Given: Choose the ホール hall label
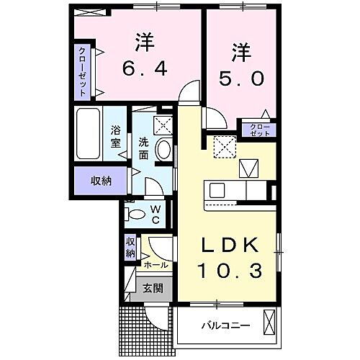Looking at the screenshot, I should pyautogui.click(x=156, y=265).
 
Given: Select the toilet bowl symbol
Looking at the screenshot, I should pyautogui.click(x=135, y=213).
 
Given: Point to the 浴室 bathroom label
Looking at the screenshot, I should pyautogui.click(x=115, y=137).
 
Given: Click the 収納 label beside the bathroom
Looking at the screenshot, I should pyautogui.click(x=101, y=179).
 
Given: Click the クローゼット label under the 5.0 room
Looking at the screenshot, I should pyautogui.click(x=261, y=130).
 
